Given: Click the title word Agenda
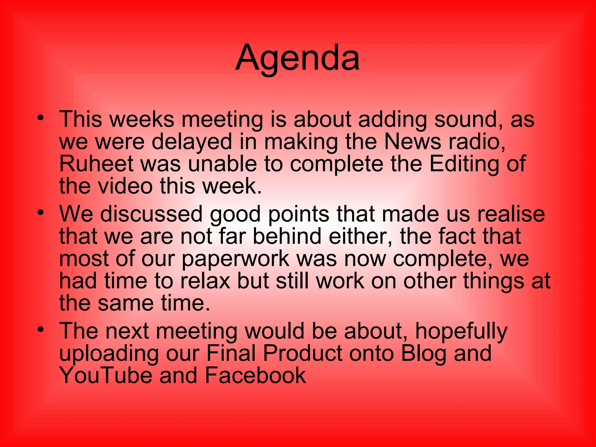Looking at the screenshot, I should click(x=297, y=58).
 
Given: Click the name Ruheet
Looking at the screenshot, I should click(x=96, y=164).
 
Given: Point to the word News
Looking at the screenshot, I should click(x=413, y=142).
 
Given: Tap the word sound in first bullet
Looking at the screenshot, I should click(x=469, y=119).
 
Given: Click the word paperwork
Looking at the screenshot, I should click(x=235, y=259).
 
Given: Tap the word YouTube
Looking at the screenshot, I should click(x=106, y=375).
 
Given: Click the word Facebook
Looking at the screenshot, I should click(x=255, y=375).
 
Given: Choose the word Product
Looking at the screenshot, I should click(x=303, y=353).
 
